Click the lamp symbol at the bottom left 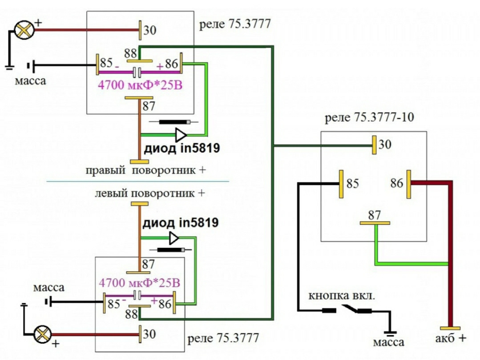coord(43,333)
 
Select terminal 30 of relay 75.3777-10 coord(375,145)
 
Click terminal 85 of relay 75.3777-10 coord(341,184)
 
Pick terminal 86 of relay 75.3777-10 coord(409,183)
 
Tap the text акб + coord(451,338)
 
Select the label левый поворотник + coord(150,194)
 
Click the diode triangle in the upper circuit coord(181,134)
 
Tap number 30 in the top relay coord(149,31)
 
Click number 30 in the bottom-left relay coord(149,334)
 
